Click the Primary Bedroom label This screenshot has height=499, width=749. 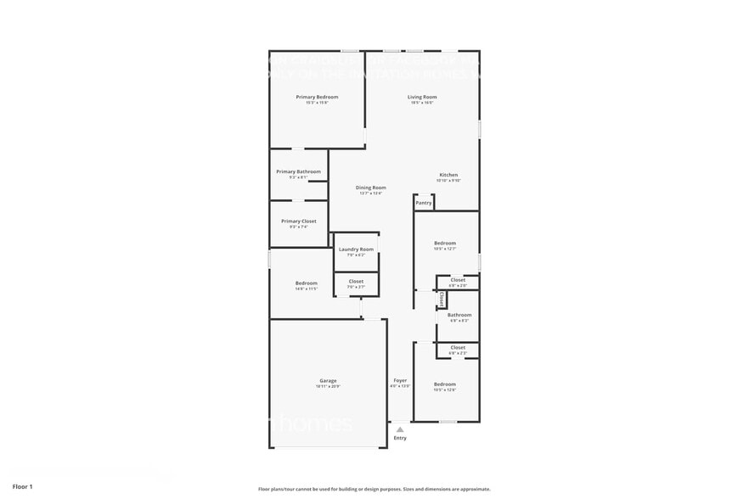pyautogui.click(x=317, y=98)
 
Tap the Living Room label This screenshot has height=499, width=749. pyautogui.click(x=422, y=98)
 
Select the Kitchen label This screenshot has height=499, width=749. pyautogui.click(x=448, y=176)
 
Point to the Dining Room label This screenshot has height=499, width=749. pyautogui.click(x=370, y=188)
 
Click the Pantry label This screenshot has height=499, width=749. pyautogui.click(x=424, y=203)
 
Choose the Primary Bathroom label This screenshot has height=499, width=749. pyautogui.click(x=298, y=172)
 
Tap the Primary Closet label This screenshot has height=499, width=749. pyautogui.click(x=298, y=221)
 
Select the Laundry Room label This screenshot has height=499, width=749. pyautogui.click(x=356, y=249)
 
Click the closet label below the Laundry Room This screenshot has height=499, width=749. pyautogui.click(x=356, y=281)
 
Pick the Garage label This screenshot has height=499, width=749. pyautogui.click(x=328, y=381)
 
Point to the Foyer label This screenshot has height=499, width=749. pyautogui.click(x=400, y=381)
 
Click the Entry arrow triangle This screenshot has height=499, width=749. pyautogui.click(x=400, y=429)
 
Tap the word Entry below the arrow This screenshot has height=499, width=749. pyautogui.click(x=400, y=438)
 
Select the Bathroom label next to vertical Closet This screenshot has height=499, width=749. pyautogui.click(x=459, y=316)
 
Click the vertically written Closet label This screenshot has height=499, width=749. pyautogui.click(x=442, y=300)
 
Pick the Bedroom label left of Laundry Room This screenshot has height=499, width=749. pyautogui.click(x=306, y=283)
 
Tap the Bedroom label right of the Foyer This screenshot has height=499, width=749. pyautogui.click(x=445, y=384)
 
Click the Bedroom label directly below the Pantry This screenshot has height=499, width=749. pyautogui.click(x=445, y=244)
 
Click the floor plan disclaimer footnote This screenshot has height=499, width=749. pyautogui.click(x=374, y=489)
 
